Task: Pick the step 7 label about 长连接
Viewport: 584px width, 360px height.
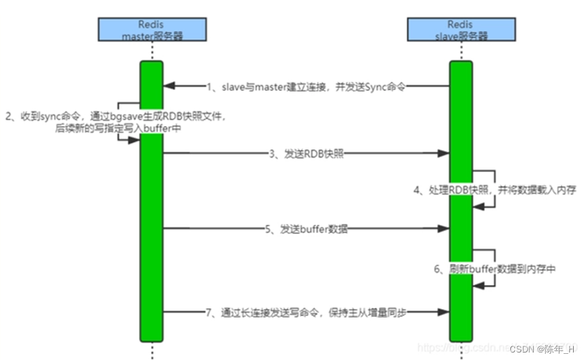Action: [311, 312]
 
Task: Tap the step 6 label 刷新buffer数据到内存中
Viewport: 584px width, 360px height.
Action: [494, 269]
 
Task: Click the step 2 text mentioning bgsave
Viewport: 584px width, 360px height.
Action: [116, 122]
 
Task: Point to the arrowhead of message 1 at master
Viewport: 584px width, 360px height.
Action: [170, 87]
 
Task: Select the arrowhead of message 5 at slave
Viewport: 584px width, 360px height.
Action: [444, 229]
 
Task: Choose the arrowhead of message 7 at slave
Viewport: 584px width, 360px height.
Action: [444, 312]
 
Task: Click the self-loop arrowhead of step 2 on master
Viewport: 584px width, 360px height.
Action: [134, 139]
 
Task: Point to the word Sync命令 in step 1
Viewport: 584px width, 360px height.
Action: [395, 87]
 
